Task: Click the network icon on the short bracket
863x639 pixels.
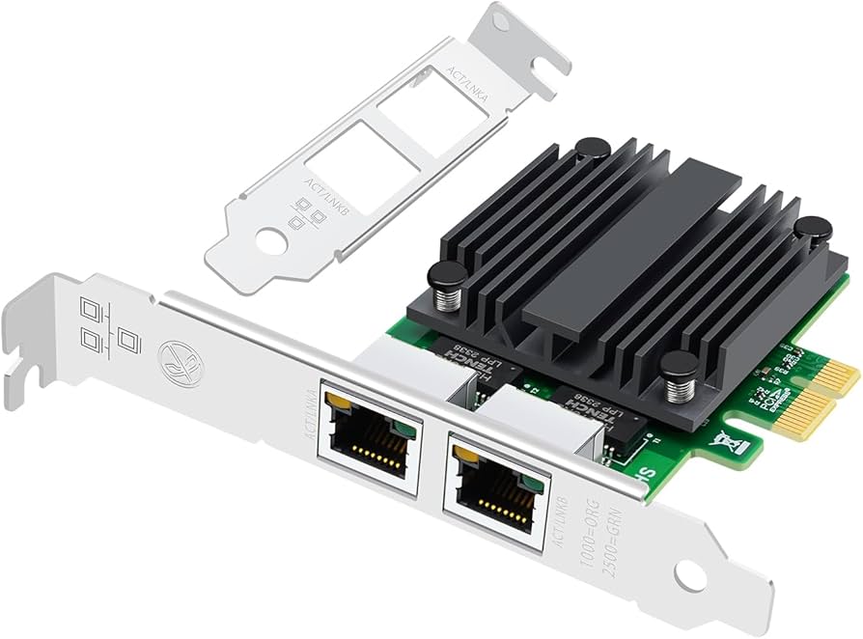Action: click(x=306, y=214)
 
